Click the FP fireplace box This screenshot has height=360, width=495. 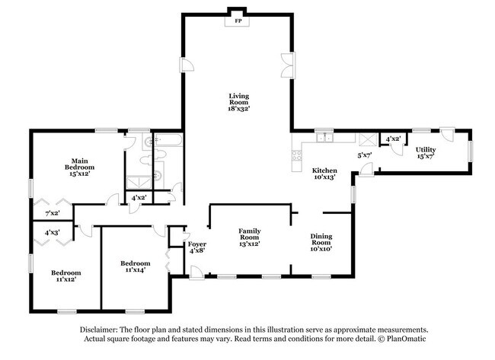click(x=238, y=21)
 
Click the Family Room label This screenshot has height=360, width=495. click(x=249, y=236)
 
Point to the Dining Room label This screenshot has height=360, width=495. click(x=321, y=242)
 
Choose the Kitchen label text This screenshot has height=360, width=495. click(x=324, y=174)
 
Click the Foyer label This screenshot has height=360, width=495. click(x=197, y=247)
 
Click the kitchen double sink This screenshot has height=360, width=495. click(x=326, y=139)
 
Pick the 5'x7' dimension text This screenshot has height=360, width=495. click(x=366, y=156)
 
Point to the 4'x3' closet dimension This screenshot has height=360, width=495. click(x=52, y=232)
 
